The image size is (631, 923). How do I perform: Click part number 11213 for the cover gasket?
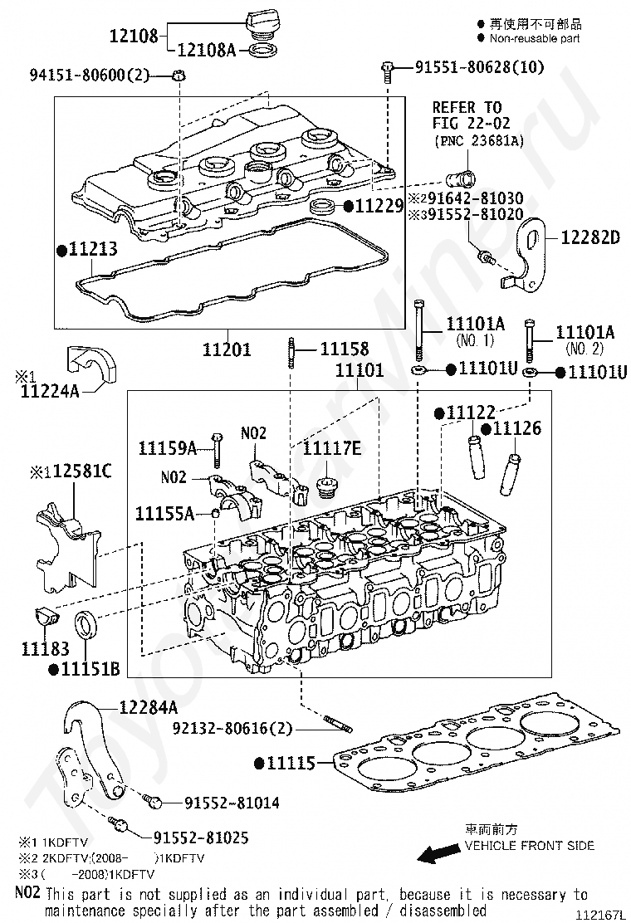pos(92,250)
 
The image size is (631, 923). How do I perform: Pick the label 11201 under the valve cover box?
pos(227,349)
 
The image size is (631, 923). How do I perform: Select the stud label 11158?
pos(344,349)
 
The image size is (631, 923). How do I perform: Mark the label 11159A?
pos(166,449)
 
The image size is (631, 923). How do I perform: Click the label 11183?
pos(45,649)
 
